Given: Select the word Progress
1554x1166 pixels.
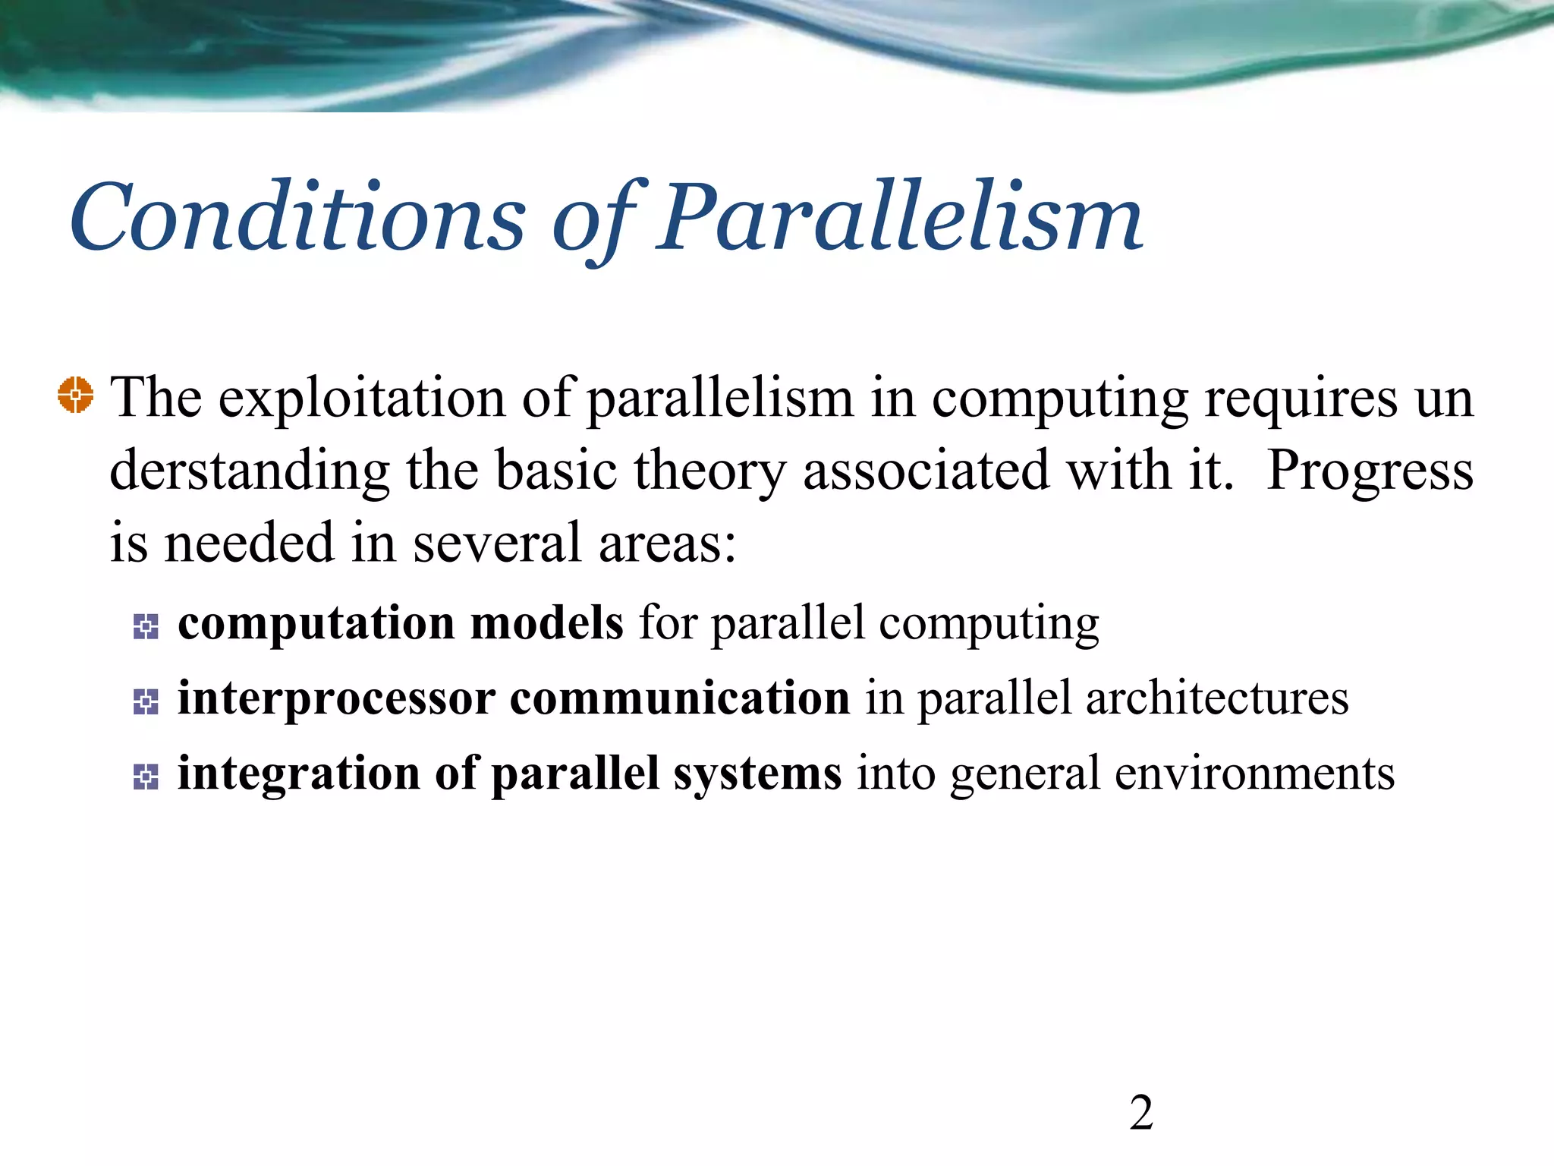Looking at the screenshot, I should (1370, 471).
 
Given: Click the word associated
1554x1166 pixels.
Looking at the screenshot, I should (926, 471).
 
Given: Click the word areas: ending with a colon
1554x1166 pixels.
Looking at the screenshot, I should (667, 544).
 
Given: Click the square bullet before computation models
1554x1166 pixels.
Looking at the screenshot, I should (146, 626).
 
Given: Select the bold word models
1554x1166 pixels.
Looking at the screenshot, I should (546, 623).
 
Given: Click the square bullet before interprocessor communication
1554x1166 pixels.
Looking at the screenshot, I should (146, 701).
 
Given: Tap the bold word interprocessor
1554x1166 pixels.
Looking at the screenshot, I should (336, 698).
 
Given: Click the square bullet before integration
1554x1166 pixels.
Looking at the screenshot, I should (146, 777).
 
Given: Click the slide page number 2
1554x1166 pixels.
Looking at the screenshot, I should (1141, 1113).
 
